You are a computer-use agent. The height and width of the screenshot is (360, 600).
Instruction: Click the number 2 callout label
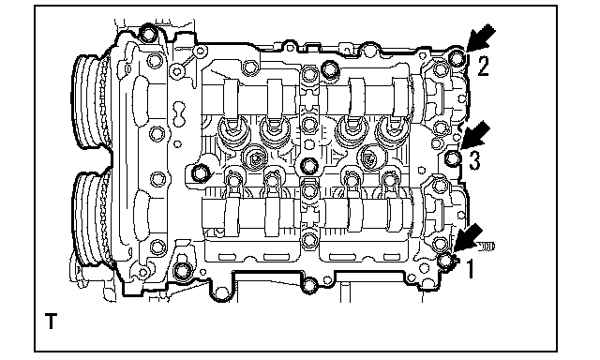click(x=483, y=66)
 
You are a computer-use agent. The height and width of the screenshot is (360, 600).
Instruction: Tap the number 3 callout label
click(x=474, y=160)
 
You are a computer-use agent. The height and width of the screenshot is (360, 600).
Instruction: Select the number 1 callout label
click(x=471, y=268)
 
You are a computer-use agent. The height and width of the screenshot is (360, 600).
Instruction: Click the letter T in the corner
click(x=51, y=321)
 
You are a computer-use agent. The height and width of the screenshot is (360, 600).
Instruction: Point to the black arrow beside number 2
click(x=481, y=38)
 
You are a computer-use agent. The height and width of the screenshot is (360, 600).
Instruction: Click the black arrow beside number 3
click(x=475, y=135)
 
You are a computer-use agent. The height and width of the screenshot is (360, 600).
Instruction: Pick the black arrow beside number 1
click(x=468, y=238)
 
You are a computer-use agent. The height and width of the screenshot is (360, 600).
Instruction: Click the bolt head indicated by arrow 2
click(x=457, y=58)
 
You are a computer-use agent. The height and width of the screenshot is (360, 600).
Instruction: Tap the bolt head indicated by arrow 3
click(x=454, y=157)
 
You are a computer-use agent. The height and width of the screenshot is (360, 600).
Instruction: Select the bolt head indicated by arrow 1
click(x=445, y=261)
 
